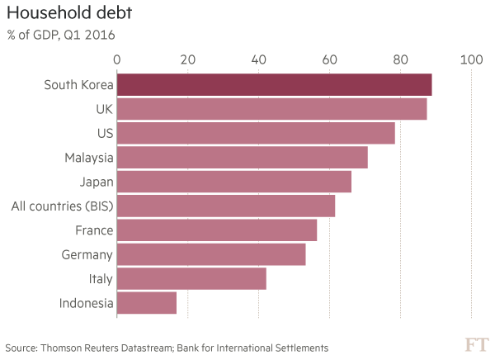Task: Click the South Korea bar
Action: [274, 85]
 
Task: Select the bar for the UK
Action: [271, 109]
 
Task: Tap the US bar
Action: [256, 133]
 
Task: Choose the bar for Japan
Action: [233, 181]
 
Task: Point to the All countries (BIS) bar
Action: [226, 206]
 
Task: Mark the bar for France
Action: [217, 230]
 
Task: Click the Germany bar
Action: [211, 254]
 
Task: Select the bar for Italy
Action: [191, 278]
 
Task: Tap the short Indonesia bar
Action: [147, 303]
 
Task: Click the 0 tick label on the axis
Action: [117, 59]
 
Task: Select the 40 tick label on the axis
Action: [258, 59]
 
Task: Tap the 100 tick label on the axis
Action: [471, 59]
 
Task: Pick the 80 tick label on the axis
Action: [400, 59]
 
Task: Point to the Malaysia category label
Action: [88, 157]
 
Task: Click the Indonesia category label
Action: [86, 303]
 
